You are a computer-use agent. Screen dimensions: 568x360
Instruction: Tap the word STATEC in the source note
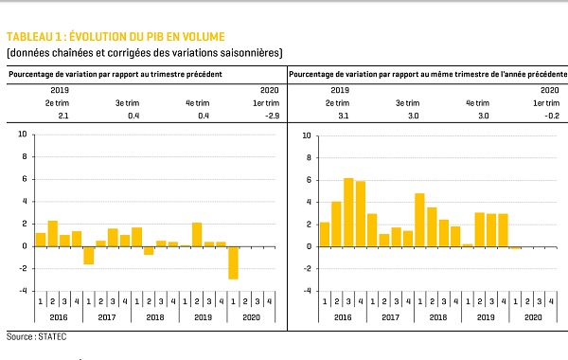52,337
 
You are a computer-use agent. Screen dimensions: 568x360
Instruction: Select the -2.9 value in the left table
272,116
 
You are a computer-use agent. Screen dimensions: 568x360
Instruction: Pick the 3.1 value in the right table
343,116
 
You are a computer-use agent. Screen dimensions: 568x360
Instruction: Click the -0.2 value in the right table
552,116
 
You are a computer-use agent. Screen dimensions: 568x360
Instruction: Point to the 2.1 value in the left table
63,116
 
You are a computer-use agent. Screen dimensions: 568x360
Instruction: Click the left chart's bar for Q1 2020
233,262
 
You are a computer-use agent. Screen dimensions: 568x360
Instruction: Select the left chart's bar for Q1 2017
89,256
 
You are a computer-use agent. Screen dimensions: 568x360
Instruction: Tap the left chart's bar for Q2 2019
197,235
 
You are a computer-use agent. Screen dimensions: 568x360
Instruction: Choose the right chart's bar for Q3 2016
348,212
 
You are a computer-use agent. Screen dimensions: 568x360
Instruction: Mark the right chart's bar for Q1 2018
419,220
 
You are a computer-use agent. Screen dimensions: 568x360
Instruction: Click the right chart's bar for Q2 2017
384,241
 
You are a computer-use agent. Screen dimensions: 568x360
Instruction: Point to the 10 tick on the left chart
23,135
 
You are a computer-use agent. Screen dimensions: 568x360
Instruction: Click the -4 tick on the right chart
307,291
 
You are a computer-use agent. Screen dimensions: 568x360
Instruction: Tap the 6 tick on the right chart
309,180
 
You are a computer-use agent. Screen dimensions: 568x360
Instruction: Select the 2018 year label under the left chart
155,317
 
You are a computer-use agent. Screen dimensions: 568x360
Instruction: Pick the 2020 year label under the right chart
533,317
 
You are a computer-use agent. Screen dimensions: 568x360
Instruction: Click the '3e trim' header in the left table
128,103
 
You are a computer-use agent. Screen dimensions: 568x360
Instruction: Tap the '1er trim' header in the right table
546,103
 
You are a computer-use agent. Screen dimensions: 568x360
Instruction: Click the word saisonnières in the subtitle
252,53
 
